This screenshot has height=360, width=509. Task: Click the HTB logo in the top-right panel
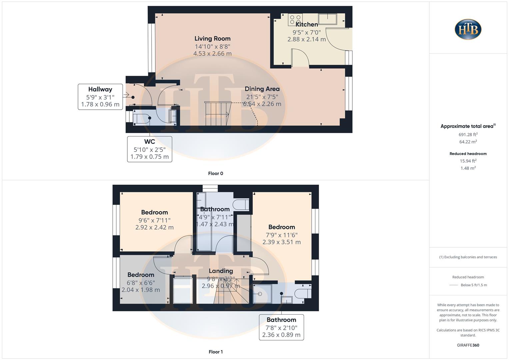[x=468, y=29]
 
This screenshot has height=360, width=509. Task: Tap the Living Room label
[x=212, y=39]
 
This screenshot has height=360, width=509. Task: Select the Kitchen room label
[x=307, y=24]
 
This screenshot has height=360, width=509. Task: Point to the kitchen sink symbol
[x=327, y=19]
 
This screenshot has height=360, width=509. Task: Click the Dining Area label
[x=262, y=89]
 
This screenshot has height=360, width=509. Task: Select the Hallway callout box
[x=100, y=97]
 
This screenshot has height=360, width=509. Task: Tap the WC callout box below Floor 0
[x=149, y=149]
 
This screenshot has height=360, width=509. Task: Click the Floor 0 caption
[x=215, y=173]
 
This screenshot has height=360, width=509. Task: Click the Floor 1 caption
[x=215, y=352]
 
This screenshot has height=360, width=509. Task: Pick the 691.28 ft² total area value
[x=468, y=135]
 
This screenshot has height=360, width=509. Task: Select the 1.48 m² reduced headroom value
[x=468, y=168]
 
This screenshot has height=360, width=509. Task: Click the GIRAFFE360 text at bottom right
[x=468, y=345]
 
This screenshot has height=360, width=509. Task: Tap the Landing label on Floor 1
[x=221, y=271]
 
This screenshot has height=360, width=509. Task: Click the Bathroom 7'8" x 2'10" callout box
[x=281, y=327]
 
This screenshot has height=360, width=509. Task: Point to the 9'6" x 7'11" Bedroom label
[x=154, y=213]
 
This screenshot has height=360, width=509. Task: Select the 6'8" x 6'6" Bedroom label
[x=141, y=275]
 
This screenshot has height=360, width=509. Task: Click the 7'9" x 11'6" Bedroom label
[x=281, y=227]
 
